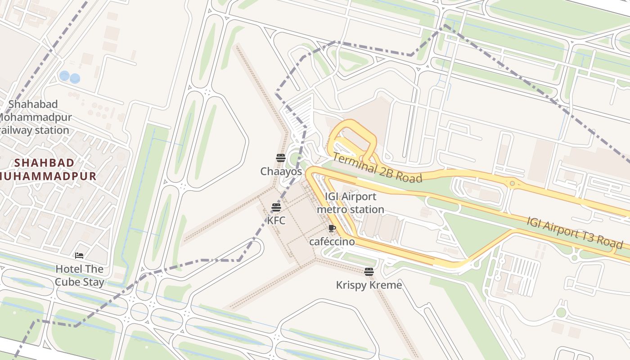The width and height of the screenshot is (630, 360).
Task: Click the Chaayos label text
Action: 281,171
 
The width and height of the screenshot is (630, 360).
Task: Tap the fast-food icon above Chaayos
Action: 281,157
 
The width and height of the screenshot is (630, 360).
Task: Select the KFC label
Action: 276,221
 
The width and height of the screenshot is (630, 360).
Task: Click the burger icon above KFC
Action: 276,207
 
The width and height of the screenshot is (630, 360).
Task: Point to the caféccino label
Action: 332,242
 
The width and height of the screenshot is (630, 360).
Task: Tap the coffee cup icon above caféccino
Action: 332,229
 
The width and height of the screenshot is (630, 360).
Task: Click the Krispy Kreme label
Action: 369,285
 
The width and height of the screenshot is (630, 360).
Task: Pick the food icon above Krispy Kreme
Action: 369,271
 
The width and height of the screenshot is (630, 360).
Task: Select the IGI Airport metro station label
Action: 351,203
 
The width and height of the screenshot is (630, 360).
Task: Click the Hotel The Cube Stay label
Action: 79,275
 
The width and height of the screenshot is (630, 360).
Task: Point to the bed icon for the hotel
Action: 79,256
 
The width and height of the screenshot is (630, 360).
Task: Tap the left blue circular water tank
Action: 64,76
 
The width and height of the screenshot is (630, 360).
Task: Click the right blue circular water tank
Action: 75,78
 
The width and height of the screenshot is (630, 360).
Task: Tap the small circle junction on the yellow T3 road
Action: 512,183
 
